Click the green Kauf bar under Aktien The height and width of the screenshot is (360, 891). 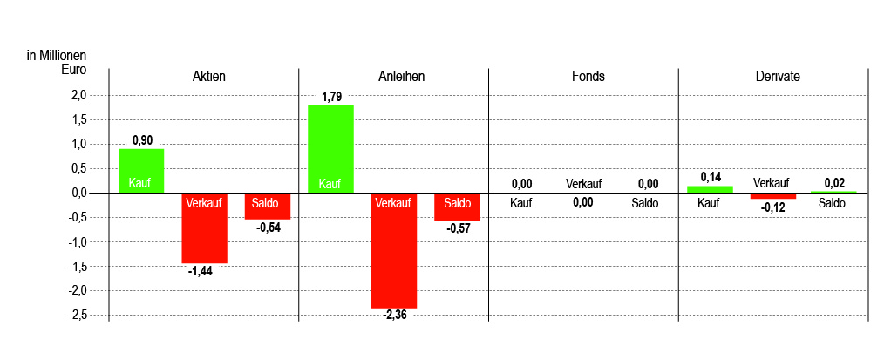141,171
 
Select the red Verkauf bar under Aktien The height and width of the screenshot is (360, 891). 205,228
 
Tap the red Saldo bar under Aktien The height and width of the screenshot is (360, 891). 268,206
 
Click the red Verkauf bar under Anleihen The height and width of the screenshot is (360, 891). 394,251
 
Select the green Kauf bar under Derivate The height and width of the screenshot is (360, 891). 710,189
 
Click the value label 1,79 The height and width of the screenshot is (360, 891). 331,97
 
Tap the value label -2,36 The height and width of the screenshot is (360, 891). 394,315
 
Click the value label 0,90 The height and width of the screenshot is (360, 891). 142,140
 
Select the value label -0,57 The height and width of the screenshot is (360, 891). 458,228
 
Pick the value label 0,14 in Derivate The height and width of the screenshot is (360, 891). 711,177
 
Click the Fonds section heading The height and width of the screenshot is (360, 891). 583,77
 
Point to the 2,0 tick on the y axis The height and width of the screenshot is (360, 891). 79,95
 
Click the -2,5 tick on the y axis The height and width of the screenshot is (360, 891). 78,315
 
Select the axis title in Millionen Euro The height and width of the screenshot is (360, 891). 57,63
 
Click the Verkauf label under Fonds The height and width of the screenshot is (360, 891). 583,184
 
